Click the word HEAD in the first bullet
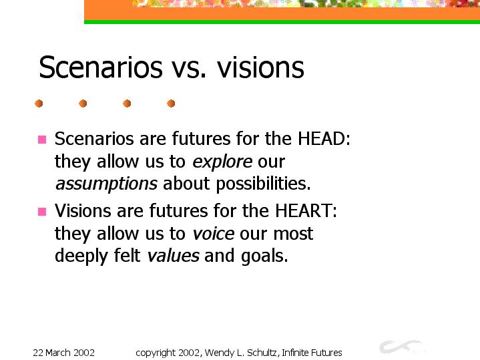coord(321,138)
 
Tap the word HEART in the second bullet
coord(303,211)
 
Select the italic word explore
coord(222,162)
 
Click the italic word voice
coord(214,234)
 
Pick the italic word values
coord(174,256)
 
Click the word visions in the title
coord(260,67)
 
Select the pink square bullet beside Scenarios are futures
coord(42,140)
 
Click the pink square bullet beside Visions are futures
coord(42,212)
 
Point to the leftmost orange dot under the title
coord(39,104)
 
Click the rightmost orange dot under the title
coord(171,104)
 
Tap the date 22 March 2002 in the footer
coord(63,353)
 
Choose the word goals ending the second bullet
coord(264,256)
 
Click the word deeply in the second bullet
coord(81,256)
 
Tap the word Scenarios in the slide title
coord(101,67)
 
